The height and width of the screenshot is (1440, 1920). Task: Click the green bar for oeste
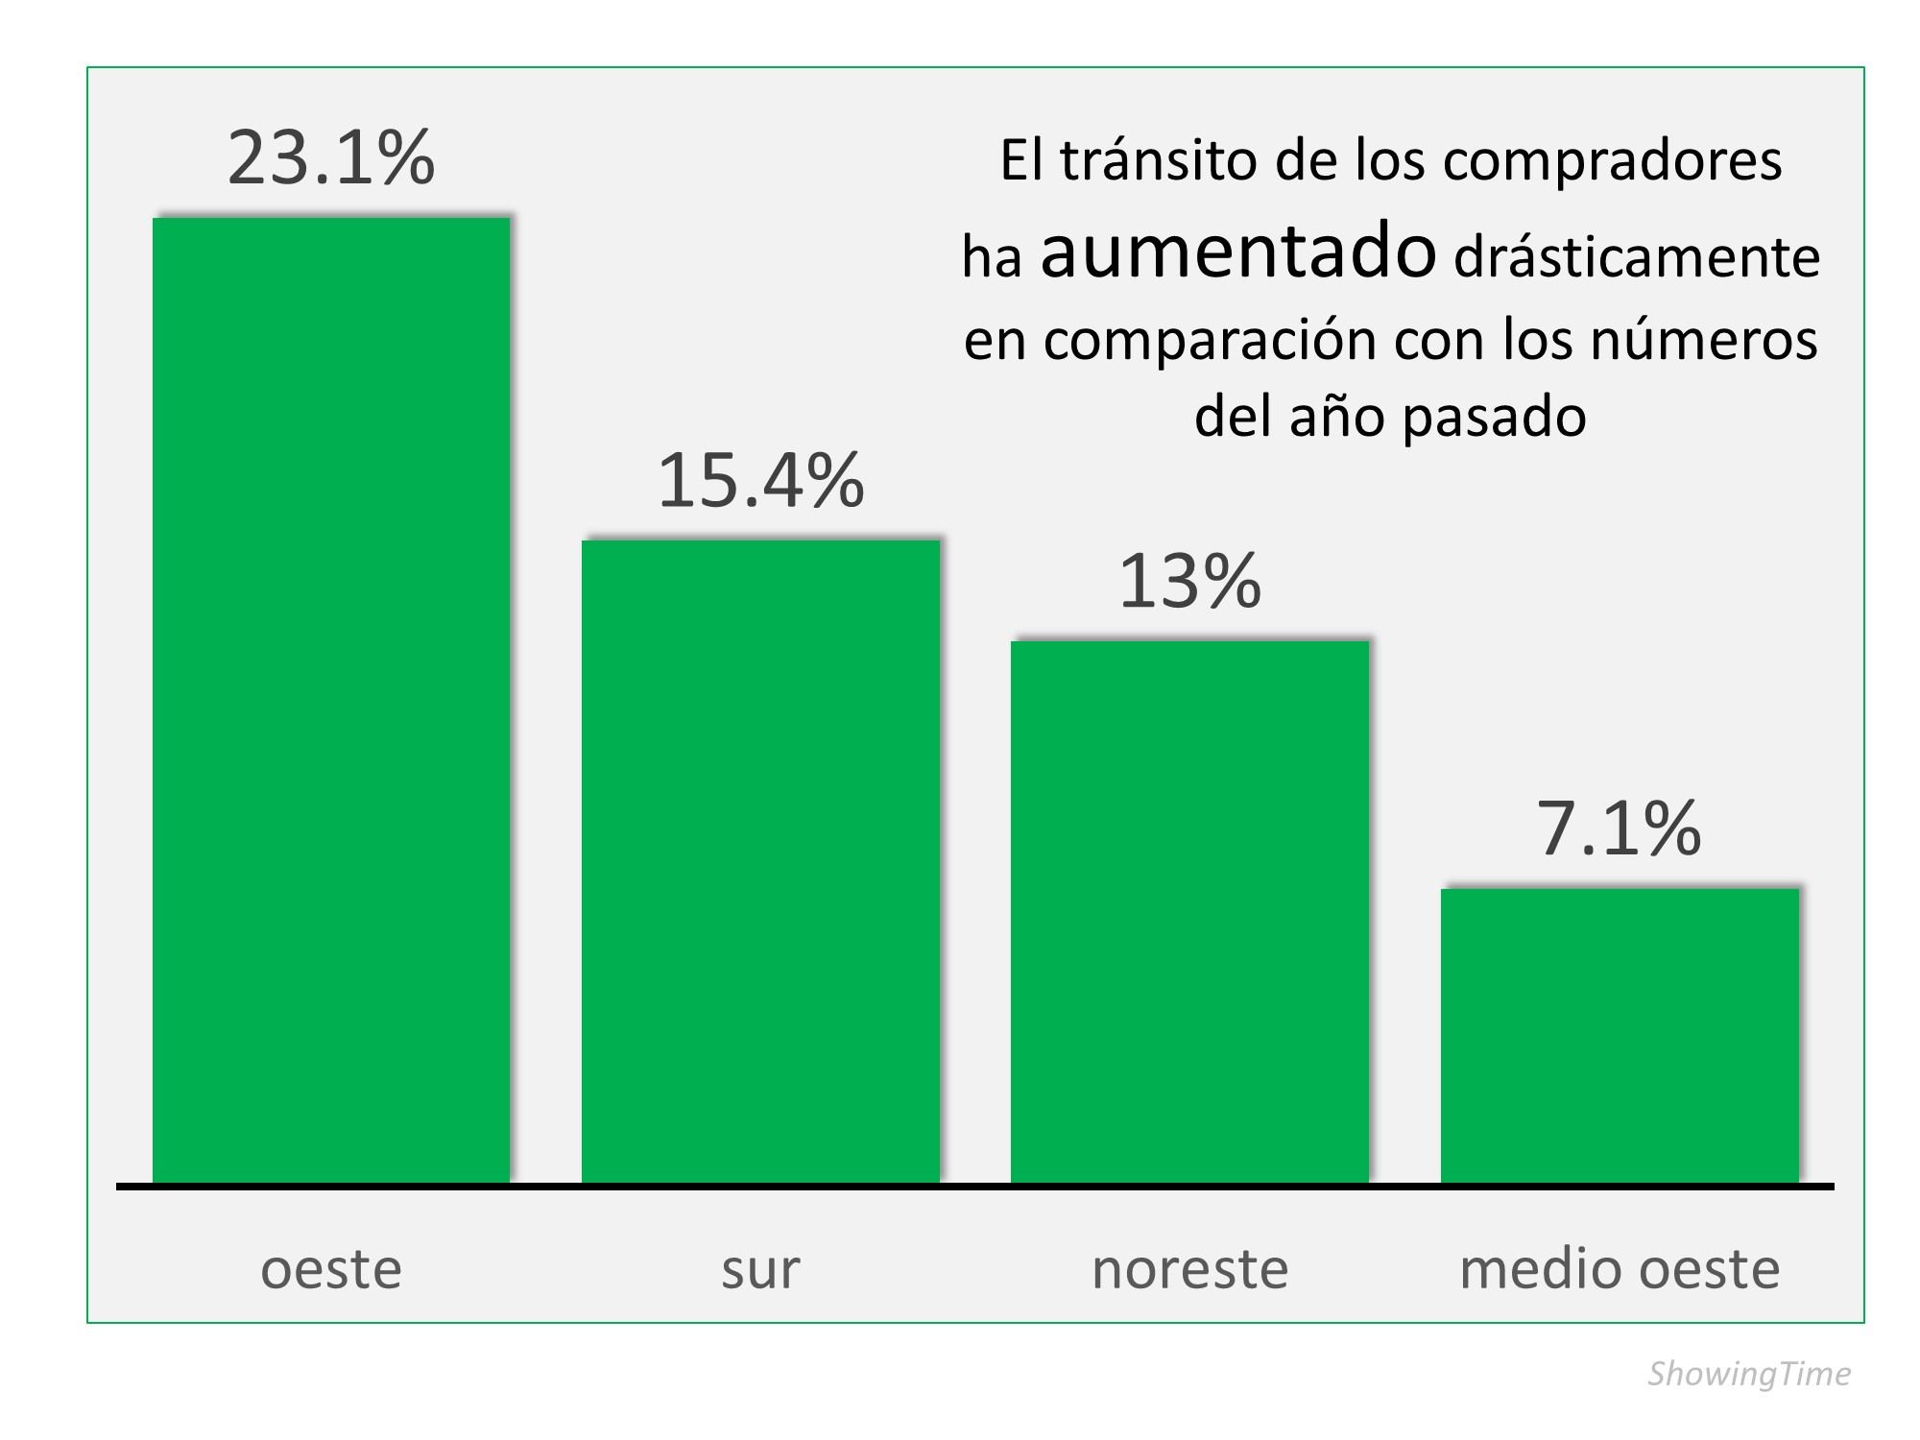tap(331, 700)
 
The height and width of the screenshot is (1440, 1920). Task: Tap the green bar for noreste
tap(1189, 911)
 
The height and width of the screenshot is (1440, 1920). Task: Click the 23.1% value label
tap(331, 158)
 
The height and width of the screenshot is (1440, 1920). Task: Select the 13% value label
tap(1189, 581)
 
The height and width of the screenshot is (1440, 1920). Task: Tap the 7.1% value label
tap(1620, 828)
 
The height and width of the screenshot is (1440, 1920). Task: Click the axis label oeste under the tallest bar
tap(331, 1269)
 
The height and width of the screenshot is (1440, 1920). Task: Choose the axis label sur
tap(760, 1269)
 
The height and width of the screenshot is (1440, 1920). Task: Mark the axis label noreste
tap(1189, 1269)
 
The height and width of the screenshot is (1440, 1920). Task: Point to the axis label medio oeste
tap(1620, 1269)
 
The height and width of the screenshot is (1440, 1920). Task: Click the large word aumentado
tap(1238, 252)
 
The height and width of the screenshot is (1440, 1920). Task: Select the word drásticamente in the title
tap(1637, 257)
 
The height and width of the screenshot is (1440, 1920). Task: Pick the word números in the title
tap(1704, 340)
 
